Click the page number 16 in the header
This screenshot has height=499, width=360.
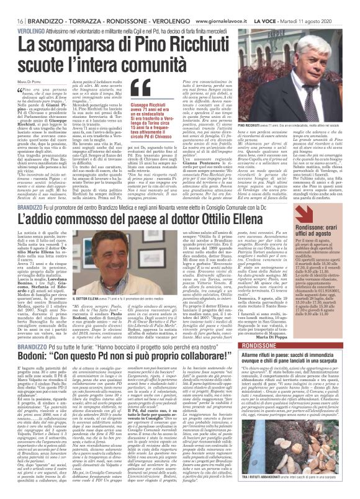(12, 5)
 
